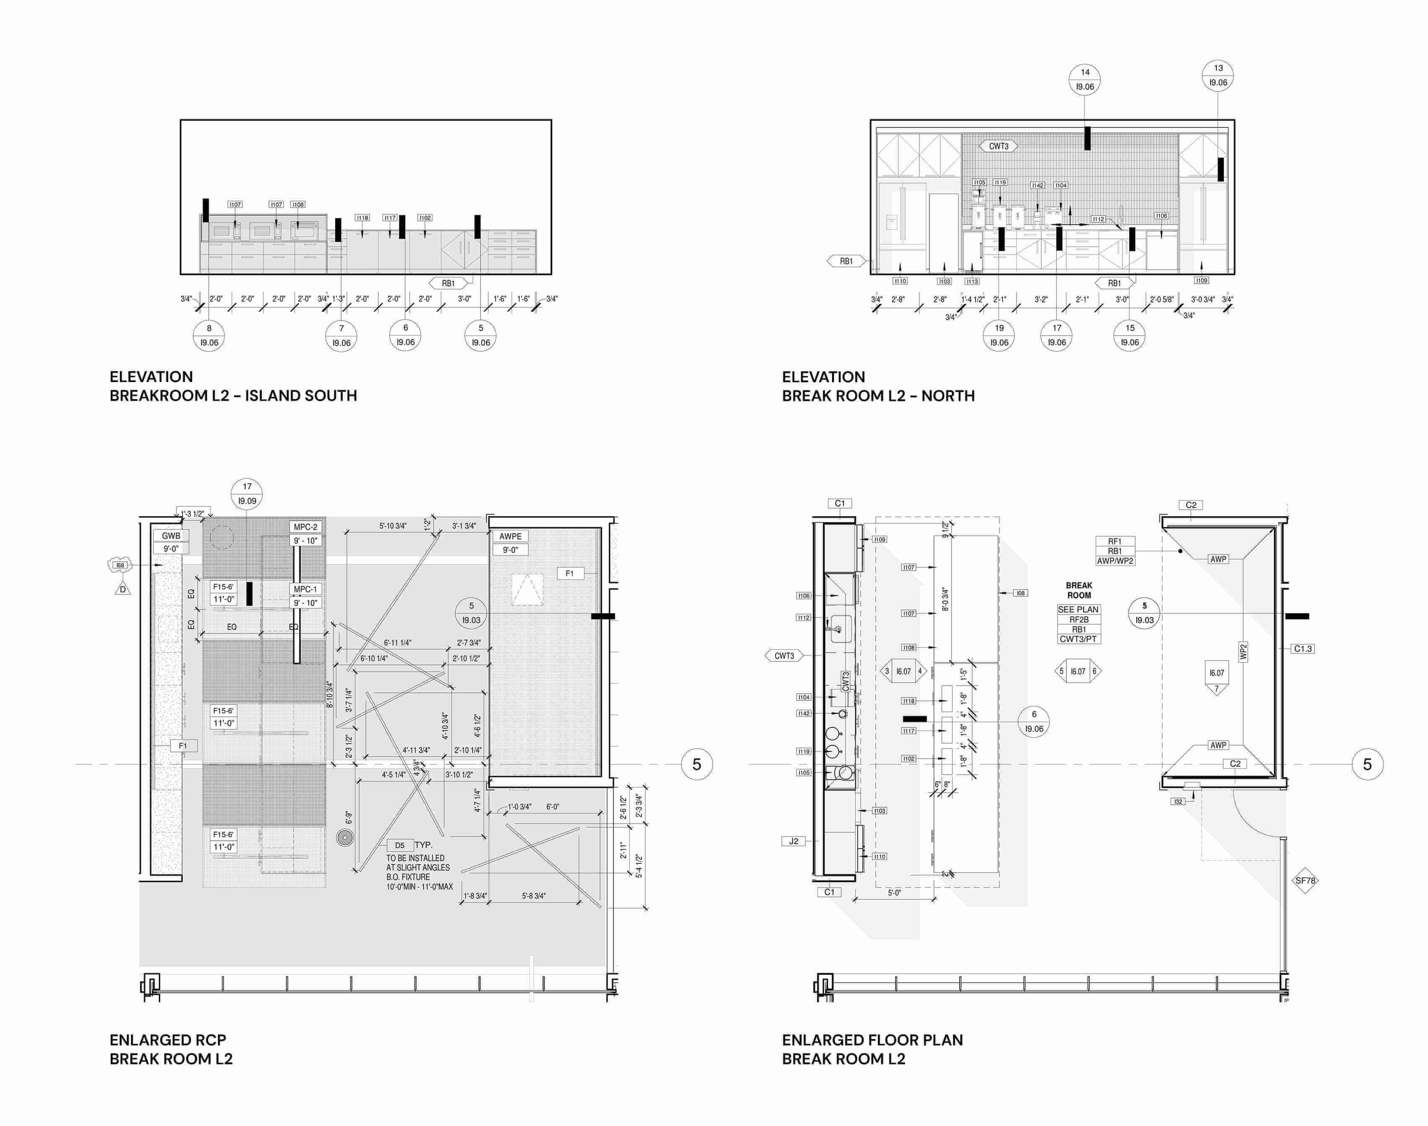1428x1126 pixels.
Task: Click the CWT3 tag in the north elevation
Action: [998, 146]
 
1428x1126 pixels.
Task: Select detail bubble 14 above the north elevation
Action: [1084, 79]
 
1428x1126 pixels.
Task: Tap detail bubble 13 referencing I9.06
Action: [1218, 75]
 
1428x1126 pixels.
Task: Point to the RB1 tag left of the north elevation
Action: [846, 261]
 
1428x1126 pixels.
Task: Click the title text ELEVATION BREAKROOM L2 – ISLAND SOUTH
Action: [233, 386]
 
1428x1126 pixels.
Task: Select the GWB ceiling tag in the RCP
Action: [171, 536]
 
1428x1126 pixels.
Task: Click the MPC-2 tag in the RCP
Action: [305, 527]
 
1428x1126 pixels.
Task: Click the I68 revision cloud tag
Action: [120, 565]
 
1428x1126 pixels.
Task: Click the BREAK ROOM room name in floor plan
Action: [1079, 590]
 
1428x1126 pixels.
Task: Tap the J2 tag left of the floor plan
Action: [794, 841]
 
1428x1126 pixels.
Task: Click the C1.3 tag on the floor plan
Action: [1303, 649]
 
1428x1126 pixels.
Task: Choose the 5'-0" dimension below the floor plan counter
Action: [894, 893]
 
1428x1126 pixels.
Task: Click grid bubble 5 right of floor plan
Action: [1367, 765]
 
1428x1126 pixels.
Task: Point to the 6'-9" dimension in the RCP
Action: [349, 817]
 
